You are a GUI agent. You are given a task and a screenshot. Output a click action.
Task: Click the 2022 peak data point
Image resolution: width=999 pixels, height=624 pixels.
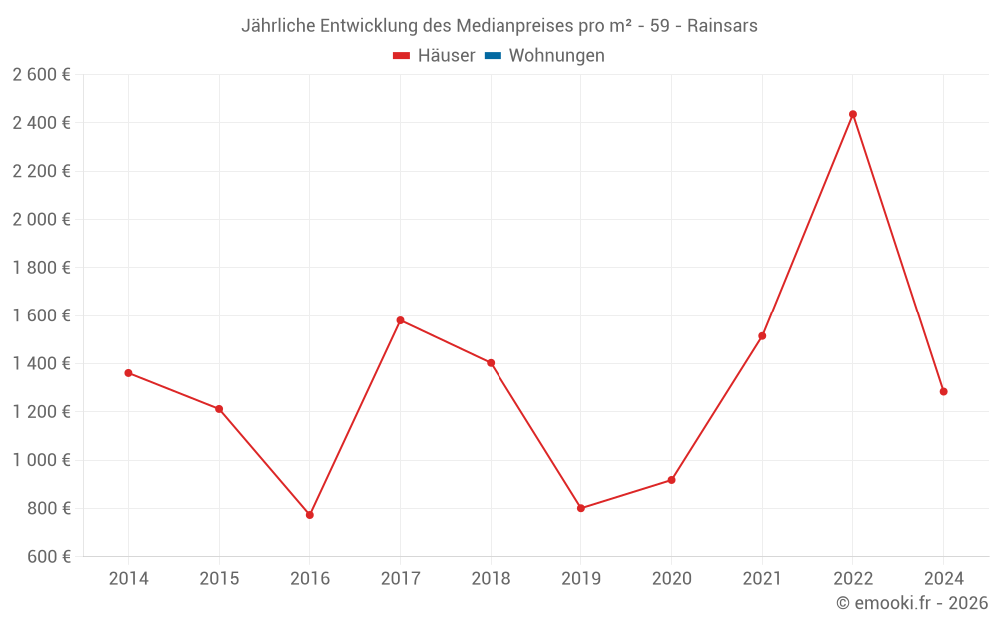(x=853, y=114)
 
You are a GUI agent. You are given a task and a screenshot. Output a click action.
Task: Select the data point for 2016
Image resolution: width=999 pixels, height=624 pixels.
(x=310, y=515)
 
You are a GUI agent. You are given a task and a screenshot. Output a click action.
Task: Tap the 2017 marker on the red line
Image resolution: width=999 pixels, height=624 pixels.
(x=400, y=320)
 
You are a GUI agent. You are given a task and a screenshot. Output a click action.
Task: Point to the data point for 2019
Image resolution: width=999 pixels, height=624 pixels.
(x=581, y=508)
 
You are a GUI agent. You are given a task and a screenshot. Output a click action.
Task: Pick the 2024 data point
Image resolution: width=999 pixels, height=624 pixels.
(x=943, y=391)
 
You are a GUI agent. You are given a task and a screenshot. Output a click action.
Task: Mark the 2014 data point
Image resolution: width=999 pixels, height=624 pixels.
(x=128, y=373)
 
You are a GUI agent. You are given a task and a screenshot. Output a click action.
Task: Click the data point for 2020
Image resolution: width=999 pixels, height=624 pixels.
(x=672, y=480)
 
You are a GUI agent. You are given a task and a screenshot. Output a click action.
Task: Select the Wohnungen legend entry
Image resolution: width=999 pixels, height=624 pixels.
(x=556, y=56)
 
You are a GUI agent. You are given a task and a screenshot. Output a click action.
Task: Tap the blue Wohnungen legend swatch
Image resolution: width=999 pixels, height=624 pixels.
(x=493, y=56)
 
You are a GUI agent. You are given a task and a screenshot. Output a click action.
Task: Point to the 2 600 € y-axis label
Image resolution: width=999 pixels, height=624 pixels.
(x=41, y=74)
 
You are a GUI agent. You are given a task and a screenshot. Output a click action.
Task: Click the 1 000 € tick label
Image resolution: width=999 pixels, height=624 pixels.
(x=41, y=460)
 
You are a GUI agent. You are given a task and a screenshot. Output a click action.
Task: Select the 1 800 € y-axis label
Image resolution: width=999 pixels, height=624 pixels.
(x=41, y=267)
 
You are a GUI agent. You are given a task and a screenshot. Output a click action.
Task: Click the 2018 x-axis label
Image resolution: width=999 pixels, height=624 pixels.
(x=491, y=578)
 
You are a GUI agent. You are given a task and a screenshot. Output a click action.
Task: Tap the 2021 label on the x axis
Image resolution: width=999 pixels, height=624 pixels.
(x=762, y=578)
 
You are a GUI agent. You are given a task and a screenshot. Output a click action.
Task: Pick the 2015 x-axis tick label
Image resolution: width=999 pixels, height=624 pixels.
(x=219, y=578)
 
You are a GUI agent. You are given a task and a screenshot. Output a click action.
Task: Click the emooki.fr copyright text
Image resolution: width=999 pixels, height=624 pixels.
(x=912, y=603)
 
